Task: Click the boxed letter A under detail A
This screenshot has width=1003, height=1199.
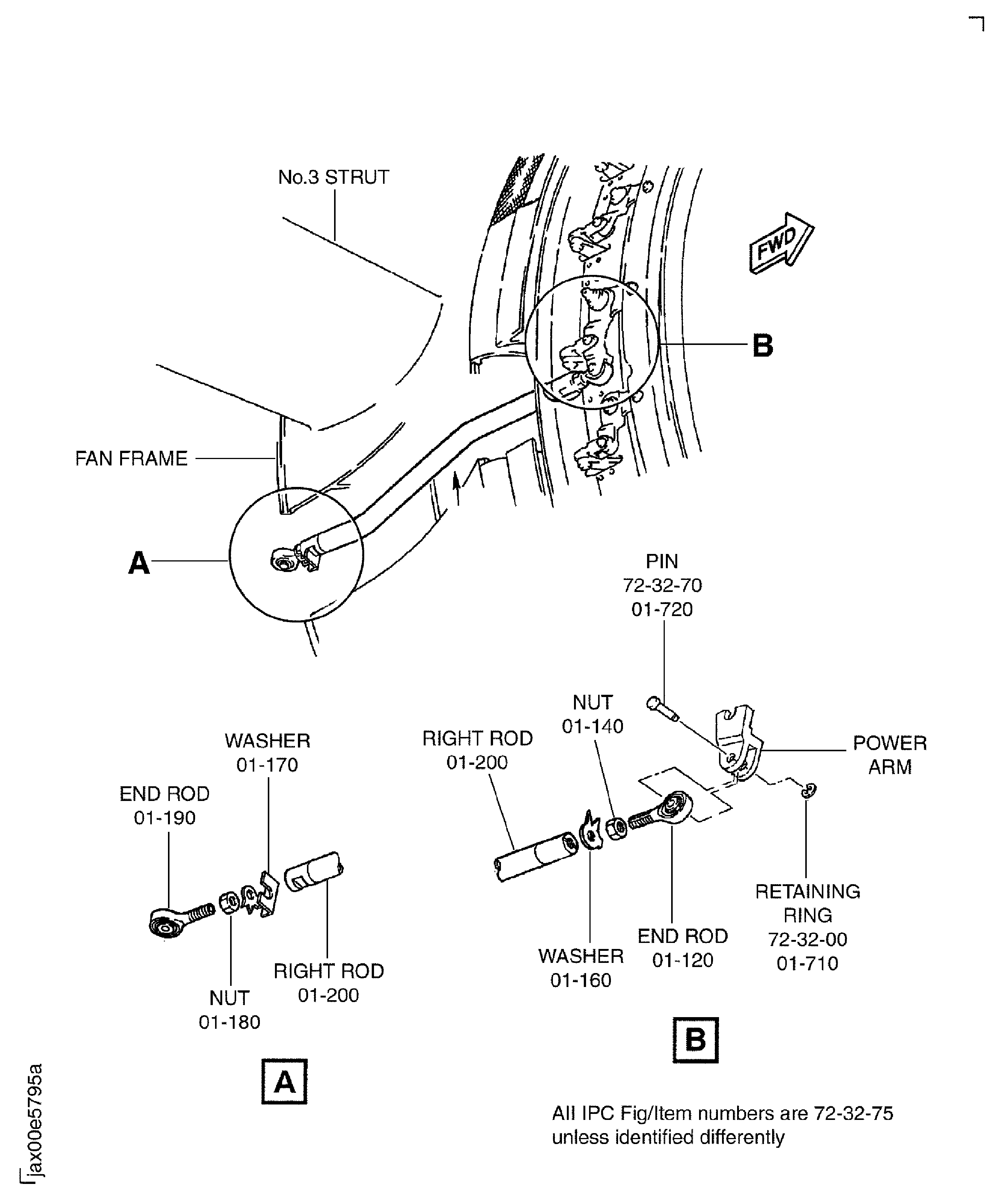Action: point(284,1082)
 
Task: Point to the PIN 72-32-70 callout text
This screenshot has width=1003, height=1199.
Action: point(662,585)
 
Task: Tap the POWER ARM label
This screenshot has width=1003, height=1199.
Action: point(889,755)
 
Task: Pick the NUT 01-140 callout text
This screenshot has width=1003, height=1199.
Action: point(592,714)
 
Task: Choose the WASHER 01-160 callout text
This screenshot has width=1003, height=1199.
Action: point(581,968)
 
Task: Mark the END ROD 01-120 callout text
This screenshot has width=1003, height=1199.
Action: point(682,948)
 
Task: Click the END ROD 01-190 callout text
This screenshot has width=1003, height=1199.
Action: point(165,805)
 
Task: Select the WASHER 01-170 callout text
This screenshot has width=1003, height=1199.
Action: point(267,752)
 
